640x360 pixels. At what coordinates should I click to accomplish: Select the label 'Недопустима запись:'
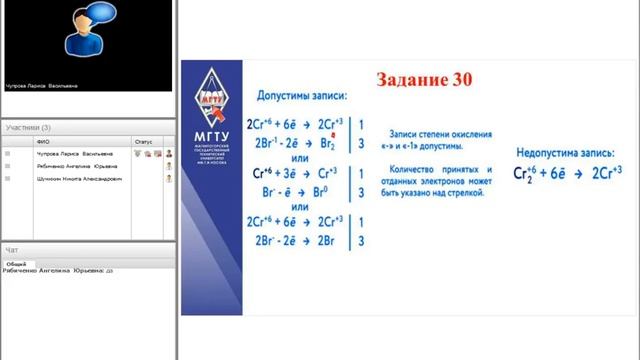566,154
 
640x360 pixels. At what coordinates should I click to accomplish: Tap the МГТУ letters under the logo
214,137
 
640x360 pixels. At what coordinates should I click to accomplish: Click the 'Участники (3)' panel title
28,128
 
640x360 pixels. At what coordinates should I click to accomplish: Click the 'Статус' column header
143,143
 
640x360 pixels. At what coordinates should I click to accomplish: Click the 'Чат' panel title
12,249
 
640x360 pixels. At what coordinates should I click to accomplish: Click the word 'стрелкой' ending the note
465,192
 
